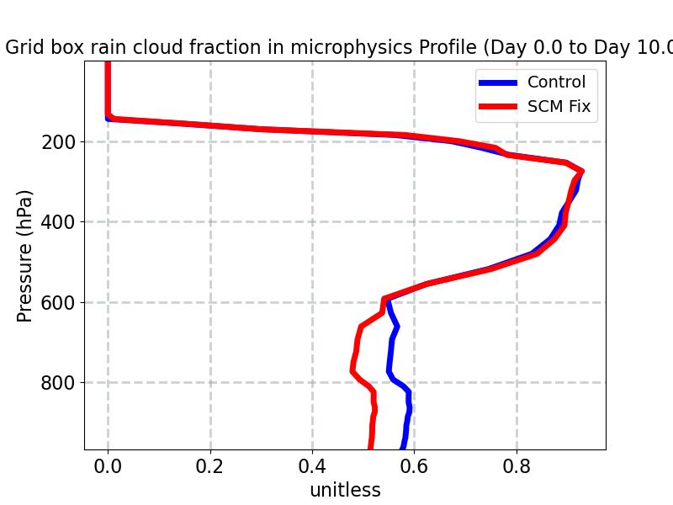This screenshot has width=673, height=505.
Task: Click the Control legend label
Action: click(x=556, y=82)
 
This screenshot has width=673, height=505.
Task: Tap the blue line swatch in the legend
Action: click(x=498, y=82)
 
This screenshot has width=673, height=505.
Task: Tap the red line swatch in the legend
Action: click(x=498, y=108)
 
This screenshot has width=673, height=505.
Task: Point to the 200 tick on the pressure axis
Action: click(x=59, y=142)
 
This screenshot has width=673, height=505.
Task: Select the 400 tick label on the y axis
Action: click(x=59, y=222)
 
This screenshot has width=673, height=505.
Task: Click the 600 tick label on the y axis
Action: click(x=59, y=303)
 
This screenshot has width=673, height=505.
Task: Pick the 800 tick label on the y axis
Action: click(x=59, y=383)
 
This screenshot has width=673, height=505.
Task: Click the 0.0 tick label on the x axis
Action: click(x=108, y=465)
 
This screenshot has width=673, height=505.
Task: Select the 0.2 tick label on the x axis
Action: click(x=210, y=465)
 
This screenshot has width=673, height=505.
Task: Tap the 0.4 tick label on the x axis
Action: click(x=312, y=465)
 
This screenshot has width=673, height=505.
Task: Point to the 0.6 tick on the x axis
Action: click(x=414, y=465)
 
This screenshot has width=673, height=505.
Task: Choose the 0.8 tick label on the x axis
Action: click(x=517, y=465)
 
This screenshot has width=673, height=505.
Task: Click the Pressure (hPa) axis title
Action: click(x=25, y=255)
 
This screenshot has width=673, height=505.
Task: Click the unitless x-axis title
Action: click(x=345, y=490)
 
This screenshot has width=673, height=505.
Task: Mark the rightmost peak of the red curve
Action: click(x=580, y=171)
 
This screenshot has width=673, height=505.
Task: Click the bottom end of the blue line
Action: click(x=403, y=447)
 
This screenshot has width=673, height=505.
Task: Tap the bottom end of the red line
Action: click(x=371, y=447)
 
